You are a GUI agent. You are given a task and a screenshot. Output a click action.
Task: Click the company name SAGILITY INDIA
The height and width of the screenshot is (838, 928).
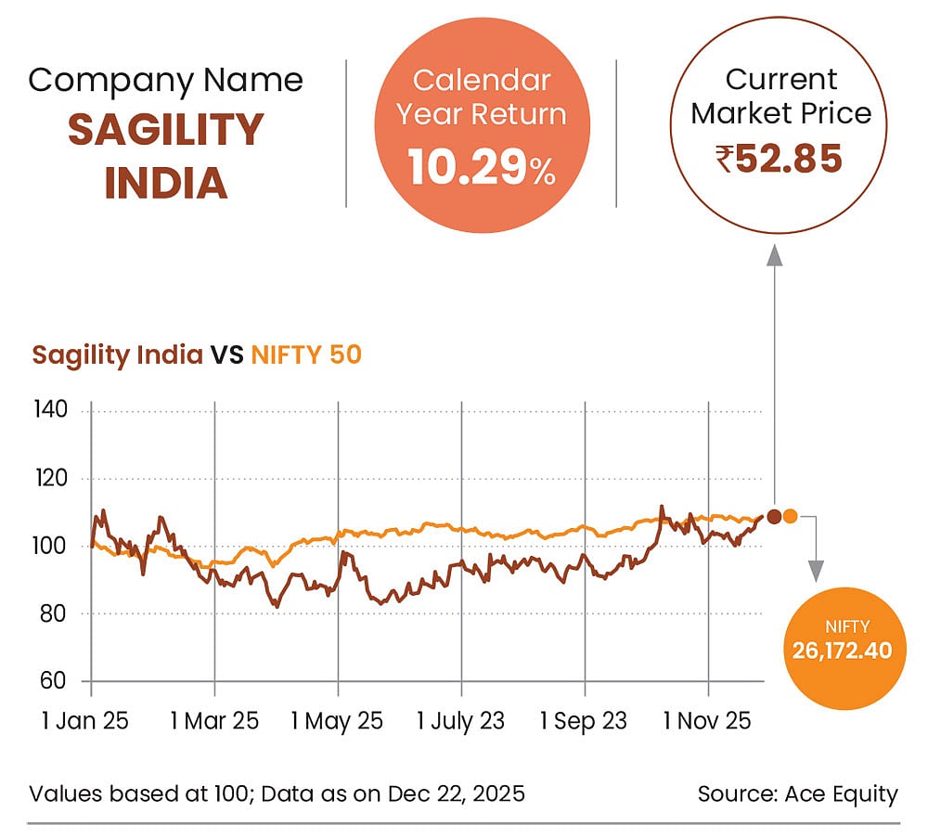coord(165,156)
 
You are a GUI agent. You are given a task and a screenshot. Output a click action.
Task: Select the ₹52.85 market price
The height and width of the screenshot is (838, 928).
coord(780,159)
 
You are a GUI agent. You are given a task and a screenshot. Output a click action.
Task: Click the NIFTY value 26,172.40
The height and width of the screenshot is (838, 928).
coord(842,650)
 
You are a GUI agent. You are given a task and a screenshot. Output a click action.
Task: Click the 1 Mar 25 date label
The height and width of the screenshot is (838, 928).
coord(214,721)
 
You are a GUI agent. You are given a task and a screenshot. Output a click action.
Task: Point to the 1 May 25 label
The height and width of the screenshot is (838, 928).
coord(338,721)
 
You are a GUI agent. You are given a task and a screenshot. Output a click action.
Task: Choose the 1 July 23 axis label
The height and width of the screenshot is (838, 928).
coord(461,721)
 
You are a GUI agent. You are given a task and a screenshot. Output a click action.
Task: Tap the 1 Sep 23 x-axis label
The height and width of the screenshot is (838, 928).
coord(584,721)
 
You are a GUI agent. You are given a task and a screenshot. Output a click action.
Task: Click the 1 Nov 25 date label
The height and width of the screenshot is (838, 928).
coord(708,721)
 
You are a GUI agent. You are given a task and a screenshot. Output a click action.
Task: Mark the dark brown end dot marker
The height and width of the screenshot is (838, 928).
coord(774,516)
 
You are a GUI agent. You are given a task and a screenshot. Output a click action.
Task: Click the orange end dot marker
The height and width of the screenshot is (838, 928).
coord(790,516)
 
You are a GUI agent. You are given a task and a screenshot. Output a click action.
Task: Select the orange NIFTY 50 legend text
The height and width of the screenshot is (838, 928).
coord(306,355)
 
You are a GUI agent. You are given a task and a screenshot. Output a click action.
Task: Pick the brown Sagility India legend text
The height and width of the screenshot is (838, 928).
coord(117,355)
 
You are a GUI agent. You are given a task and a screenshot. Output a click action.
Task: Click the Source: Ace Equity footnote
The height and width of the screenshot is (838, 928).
coord(798,793)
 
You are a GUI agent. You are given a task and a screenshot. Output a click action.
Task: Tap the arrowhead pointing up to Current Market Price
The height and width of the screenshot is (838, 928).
coord(774,257)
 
